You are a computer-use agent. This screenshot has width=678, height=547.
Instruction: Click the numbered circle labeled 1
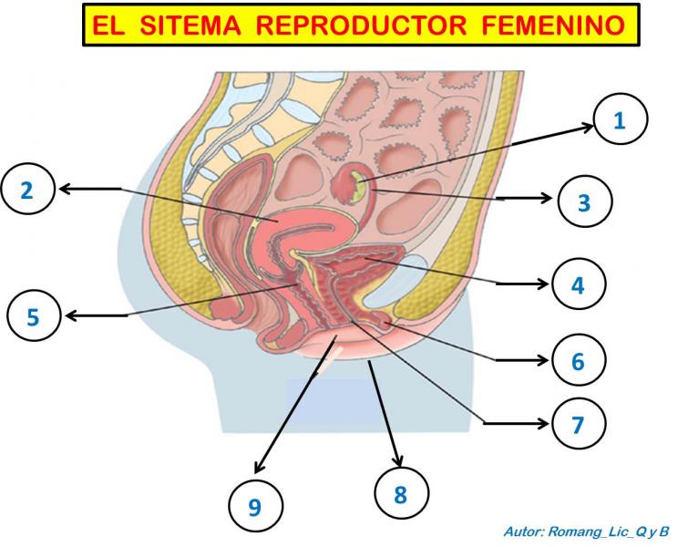tap(621, 119)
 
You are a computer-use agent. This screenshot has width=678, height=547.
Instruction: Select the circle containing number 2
tap(28, 189)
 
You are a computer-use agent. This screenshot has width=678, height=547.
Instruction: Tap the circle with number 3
tap(585, 201)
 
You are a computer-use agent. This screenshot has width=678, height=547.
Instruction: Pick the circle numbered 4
tap(579, 284)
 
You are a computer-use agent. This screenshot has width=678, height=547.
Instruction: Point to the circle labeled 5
tap(34, 315)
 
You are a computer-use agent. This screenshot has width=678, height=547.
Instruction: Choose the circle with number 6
tap(579, 359)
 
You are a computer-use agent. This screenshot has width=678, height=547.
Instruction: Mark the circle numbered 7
tap(579, 423)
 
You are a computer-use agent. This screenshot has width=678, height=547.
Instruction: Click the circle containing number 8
tap(401, 493)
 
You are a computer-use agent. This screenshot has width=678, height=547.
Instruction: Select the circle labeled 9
tap(256, 505)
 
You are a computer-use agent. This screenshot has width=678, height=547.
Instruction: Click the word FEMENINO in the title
tap(553, 26)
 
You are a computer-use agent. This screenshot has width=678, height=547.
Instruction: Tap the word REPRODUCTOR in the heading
tap(361, 26)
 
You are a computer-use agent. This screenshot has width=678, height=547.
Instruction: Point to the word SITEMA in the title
tap(190, 26)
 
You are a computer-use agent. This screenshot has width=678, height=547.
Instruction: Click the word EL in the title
tap(108, 26)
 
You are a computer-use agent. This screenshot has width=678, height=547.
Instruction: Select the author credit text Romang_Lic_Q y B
tap(609, 531)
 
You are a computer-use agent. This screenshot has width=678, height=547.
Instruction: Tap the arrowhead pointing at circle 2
tap(64, 189)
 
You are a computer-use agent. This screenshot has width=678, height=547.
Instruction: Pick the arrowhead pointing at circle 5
tap(71, 315)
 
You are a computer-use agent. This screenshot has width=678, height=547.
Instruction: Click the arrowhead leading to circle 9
tap(260, 467)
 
